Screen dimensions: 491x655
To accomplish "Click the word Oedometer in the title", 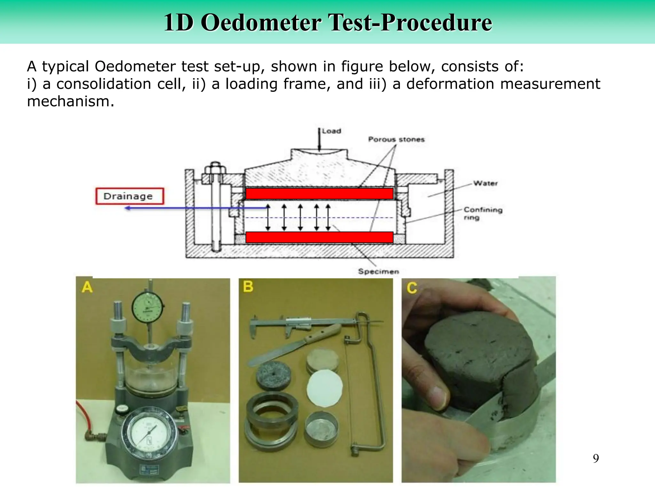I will pyautogui.click(x=261, y=23).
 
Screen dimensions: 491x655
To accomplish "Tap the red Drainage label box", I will pyautogui.click(x=130, y=196).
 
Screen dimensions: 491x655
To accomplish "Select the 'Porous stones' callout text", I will pyautogui.click(x=396, y=139).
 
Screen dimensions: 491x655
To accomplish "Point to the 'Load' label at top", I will pyautogui.click(x=331, y=131).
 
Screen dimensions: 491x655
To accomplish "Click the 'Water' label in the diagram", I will pyautogui.click(x=485, y=183).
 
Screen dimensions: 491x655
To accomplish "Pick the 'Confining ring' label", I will pyautogui.click(x=483, y=213).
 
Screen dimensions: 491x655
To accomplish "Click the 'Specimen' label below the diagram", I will pyautogui.click(x=378, y=271).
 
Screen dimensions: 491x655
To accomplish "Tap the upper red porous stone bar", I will pyautogui.click(x=319, y=194).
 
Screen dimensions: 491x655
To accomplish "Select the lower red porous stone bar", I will pyautogui.click(x=319, y=237).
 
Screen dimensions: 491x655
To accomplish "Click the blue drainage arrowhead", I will pyautogui.click(x=127, y=208).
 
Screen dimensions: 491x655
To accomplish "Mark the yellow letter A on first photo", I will pyautogui.click(x=87, y=287).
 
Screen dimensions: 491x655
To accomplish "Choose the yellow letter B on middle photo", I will pyautogui.click(x=248, y=286).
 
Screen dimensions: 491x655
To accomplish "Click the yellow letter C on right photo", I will pyautogui.click(x=412, y=288).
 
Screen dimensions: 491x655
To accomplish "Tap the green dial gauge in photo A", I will pyautogui.click(x=147, y=308).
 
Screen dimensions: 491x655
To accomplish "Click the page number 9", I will pyautogui.click(x=596, y=458).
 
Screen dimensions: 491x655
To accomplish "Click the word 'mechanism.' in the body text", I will pyautogui.click(x=71, y=102).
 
